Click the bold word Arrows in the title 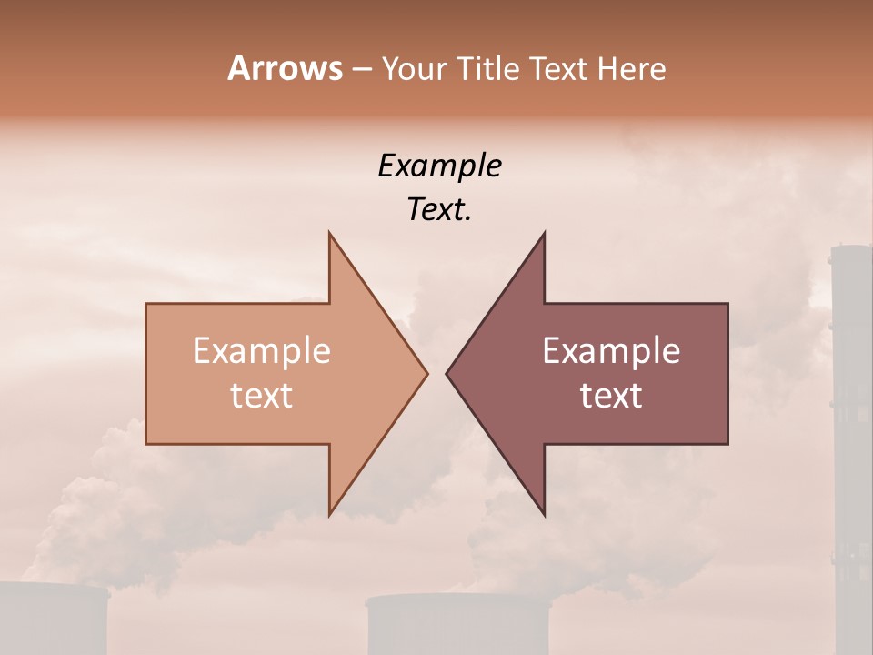pyautogui.click(x=285, y=68)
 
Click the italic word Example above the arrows pyautogui.click(x=439, y=166)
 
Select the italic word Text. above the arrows pyautogui.click(x=439, y=210)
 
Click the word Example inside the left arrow pyautogui.click(x=261, y=351)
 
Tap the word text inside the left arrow pyautogui.click(x=261, y=396)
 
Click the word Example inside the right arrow pyautogui.click(x=611, y=351)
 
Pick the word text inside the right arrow pyautogui.click(x=611, y=396)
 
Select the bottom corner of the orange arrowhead pyautogui.click(x=330, y=514)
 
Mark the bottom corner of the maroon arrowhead pyautogui.click(x=544, y=514)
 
